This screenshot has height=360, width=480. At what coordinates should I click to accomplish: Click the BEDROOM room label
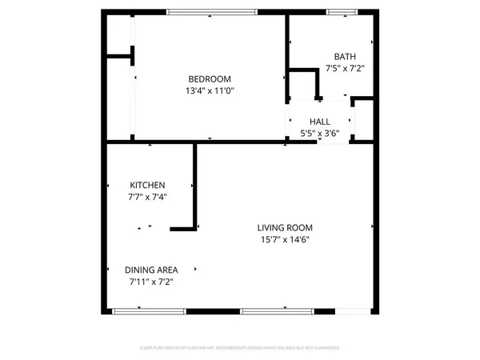pos(210,78)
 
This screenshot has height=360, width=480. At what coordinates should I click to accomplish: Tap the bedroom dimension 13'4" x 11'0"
pos(210,90)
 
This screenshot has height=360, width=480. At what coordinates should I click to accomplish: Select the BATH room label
pos(345,56)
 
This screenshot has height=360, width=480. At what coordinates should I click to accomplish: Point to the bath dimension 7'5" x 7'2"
pos(345,68)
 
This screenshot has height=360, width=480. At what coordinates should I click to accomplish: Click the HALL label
pos(320,122)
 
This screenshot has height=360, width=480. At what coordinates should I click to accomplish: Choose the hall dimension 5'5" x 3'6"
pos(320,134)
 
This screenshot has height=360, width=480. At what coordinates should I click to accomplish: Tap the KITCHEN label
pos(149,184)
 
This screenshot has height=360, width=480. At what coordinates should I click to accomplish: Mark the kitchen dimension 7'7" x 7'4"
pos(149,196)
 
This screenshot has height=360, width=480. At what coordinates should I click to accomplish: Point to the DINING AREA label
pos(151,270)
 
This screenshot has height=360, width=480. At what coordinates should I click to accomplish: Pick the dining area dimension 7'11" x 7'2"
pos(151,282)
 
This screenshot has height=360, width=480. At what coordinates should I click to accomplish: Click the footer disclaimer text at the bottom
pos(240,348)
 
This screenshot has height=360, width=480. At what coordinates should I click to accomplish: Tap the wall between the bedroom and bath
pos(287,56)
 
